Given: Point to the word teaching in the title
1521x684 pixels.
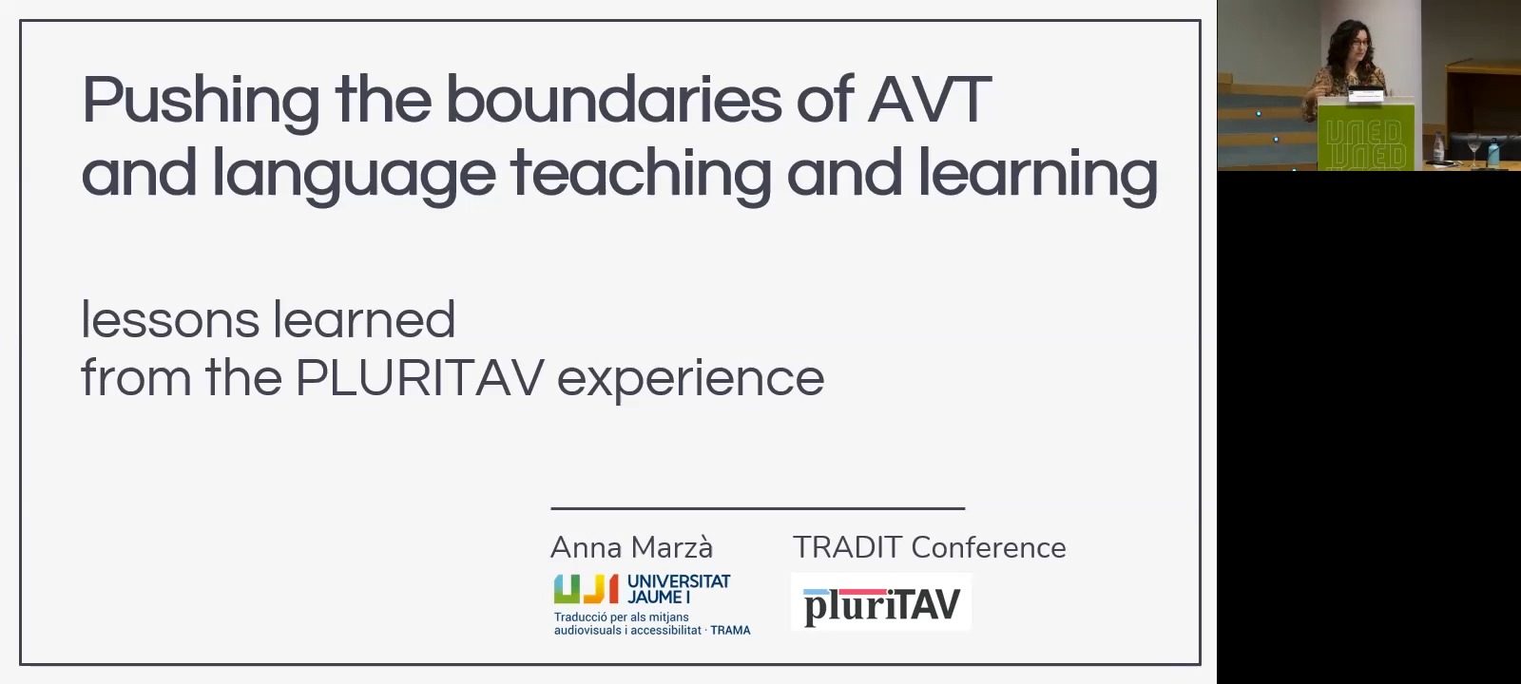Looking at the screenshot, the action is (x=641, y=175).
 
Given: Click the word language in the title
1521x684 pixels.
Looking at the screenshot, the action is (x=354, y=175).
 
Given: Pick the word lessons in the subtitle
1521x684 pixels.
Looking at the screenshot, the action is (x=170, y=319).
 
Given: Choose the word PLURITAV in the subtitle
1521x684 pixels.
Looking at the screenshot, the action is (x=420, y=377).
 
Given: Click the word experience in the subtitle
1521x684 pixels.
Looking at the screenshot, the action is (x=690, y=381).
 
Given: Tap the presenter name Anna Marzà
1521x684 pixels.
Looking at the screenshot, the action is (x=631, y=547).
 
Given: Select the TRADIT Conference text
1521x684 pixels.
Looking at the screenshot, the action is (x=930, y=547).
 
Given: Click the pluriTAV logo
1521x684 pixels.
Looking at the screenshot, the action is (x=881, y=602).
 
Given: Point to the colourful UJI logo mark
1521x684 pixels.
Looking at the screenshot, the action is (x=586, y=589).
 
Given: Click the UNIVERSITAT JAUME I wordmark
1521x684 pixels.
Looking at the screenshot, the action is (x=679, y=589).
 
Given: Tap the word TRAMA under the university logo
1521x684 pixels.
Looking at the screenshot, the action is (x=731, y=631).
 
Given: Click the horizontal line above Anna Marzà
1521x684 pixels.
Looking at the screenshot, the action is (x=758, y=508).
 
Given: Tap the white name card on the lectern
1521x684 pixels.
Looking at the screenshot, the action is (x=1365, y=96).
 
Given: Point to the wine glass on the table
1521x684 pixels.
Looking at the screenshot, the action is (x=1473, y=149).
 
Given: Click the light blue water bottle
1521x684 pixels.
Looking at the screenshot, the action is (x=1493, y=152).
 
